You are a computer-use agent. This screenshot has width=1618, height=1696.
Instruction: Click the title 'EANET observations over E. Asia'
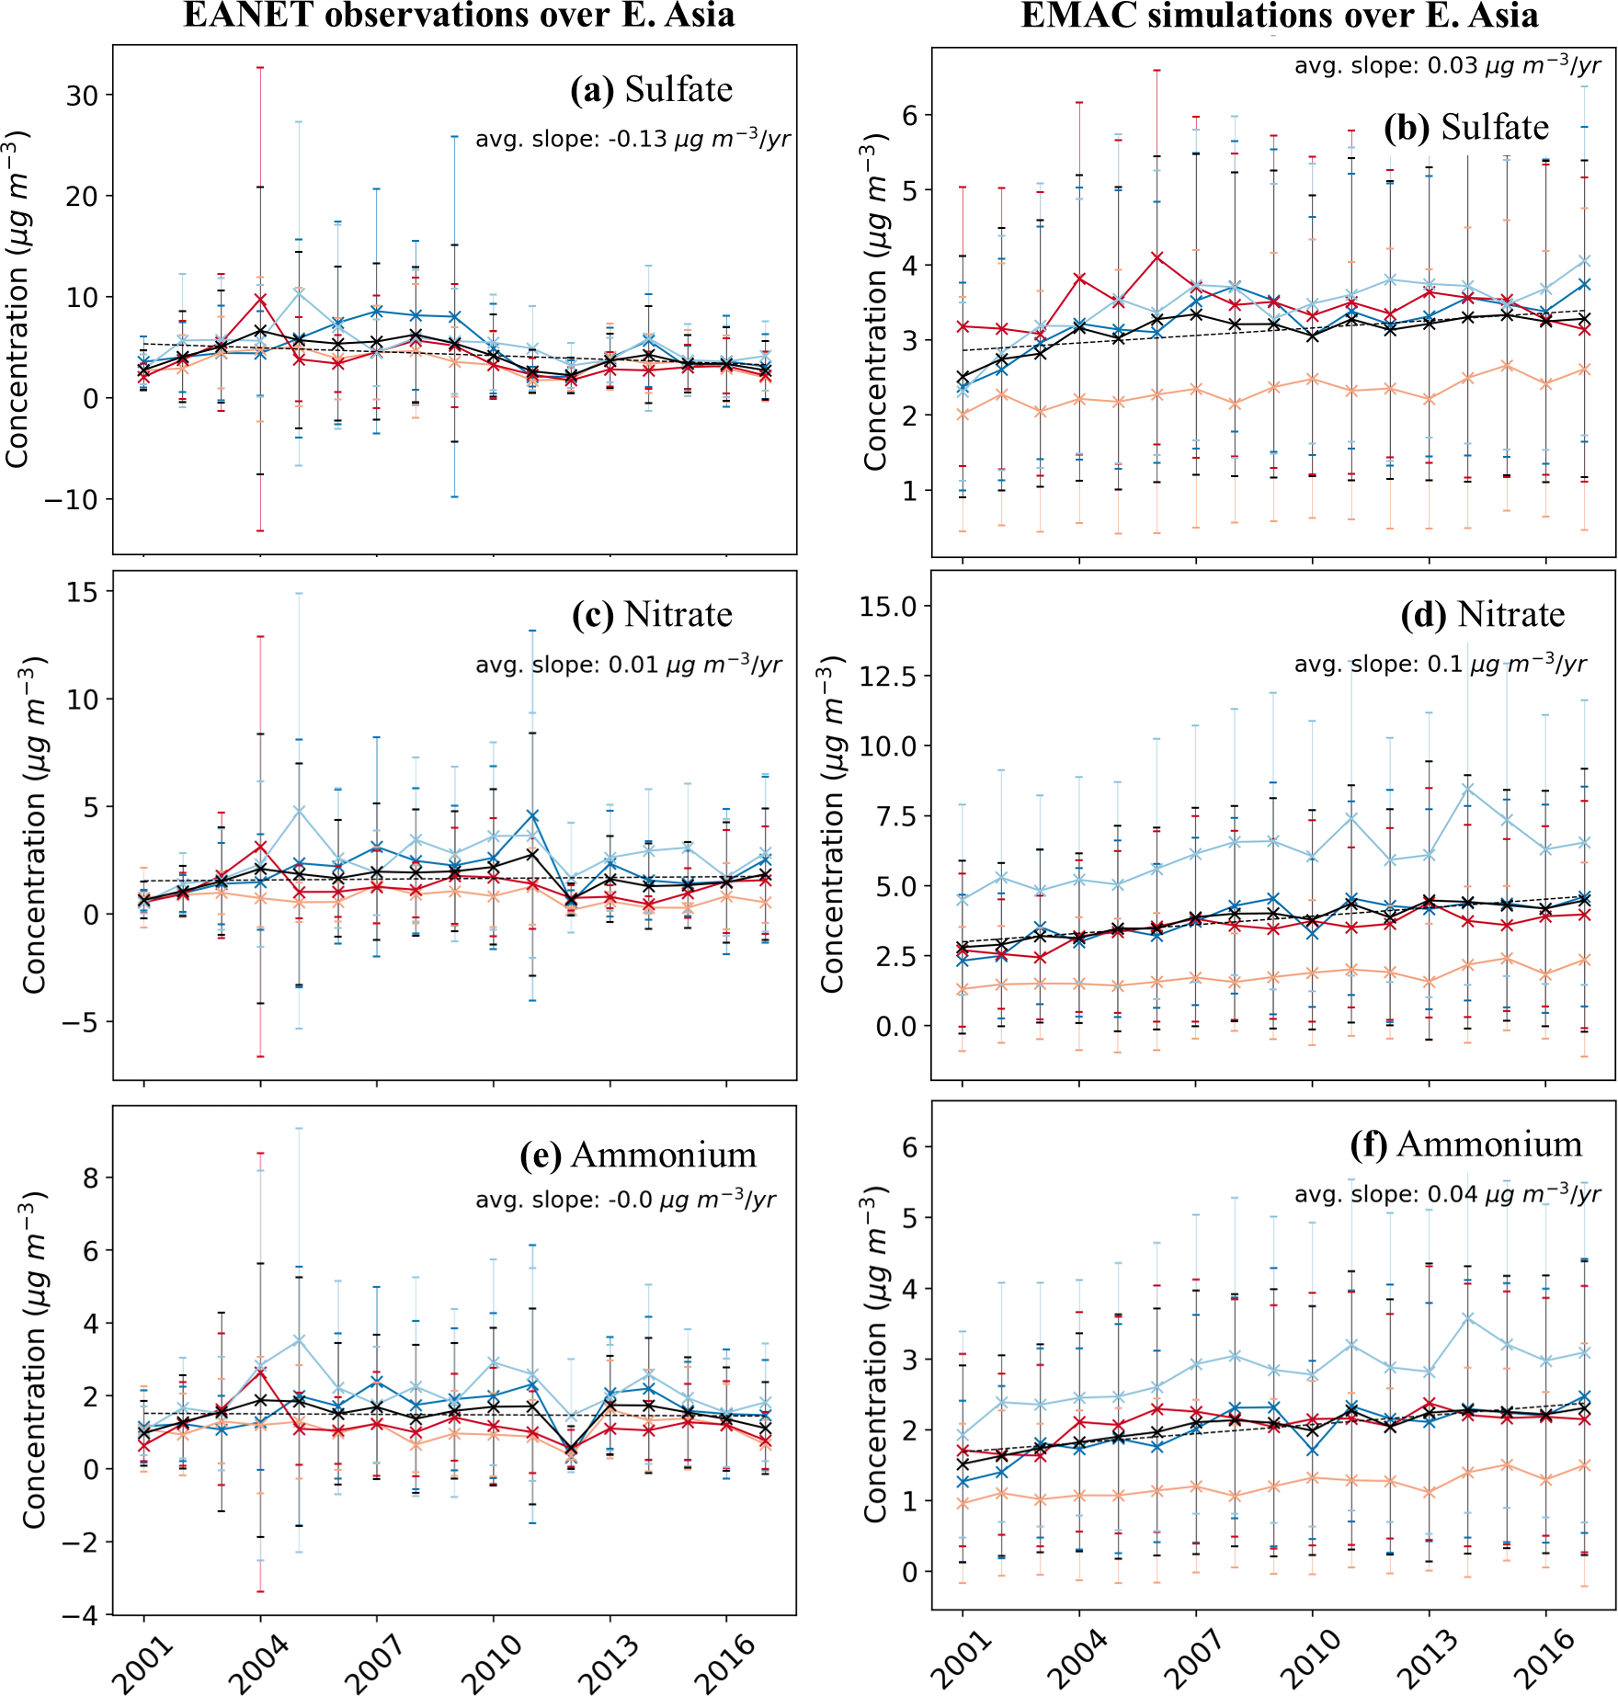click(459, 16)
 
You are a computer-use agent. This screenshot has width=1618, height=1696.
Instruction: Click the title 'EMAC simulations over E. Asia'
click(1280, 16)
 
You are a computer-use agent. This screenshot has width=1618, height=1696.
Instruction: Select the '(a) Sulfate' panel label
click(651, 89)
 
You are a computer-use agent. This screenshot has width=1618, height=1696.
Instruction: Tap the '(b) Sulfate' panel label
click(1466, 127)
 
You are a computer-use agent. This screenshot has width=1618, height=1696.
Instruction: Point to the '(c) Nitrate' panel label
click(652, 614)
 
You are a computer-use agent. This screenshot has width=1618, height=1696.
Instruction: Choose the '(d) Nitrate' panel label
click(1482, 614)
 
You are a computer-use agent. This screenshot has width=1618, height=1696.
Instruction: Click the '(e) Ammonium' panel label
click(638, 1155)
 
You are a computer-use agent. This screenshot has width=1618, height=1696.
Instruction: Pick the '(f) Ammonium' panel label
click(1466, 1144)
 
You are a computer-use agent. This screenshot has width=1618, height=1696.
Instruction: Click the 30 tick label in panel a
click(83, 96)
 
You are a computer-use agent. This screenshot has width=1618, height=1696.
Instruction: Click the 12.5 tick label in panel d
click(888, 677)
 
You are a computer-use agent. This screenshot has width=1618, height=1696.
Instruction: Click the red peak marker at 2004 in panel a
click(261, 300)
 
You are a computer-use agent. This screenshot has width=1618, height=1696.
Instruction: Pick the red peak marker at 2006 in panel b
click(1157, 257)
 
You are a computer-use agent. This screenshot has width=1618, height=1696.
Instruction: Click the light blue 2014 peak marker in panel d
click(1468, 790)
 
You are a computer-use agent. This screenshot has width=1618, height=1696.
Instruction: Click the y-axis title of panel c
click(34, 825)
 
